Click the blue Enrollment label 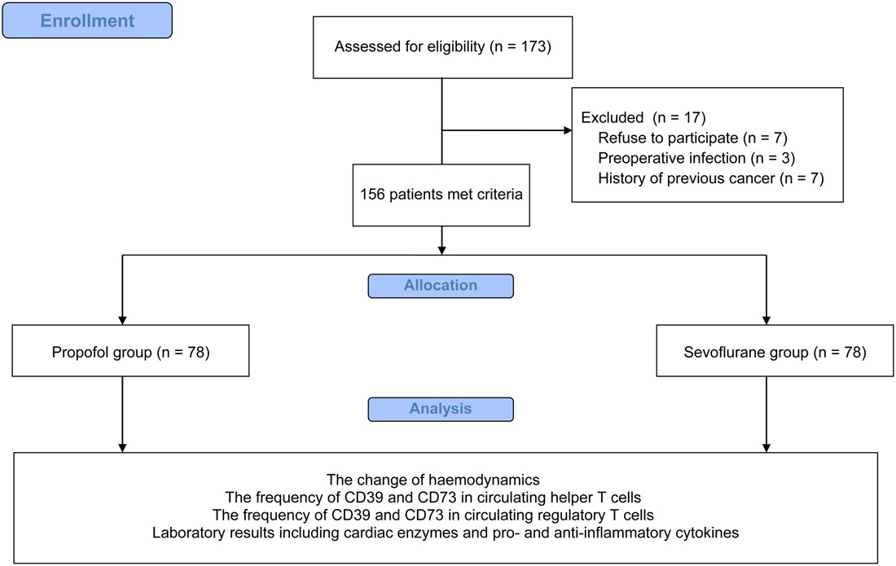(x=87, y=21)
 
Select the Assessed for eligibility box (x=442, y=46)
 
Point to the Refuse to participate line (x=692, y=137)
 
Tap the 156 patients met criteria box (x=441, y=195)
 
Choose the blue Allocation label (x=441, y=287)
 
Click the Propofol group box (x=122, y=353)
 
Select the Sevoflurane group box (x=766, y=353)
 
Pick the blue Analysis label (x=441, y=409)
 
